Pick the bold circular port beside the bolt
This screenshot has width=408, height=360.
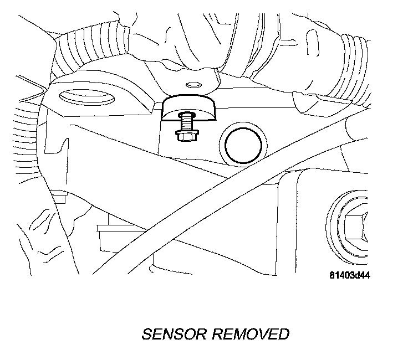click(x=242, y=145)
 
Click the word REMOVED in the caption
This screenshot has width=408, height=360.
click(x=251, y=334)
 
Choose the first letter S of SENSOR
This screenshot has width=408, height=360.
click(x=147, y=334)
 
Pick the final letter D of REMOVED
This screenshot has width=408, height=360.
click(x=283, y=334)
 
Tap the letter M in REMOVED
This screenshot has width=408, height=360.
click(x=239, y=334)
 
